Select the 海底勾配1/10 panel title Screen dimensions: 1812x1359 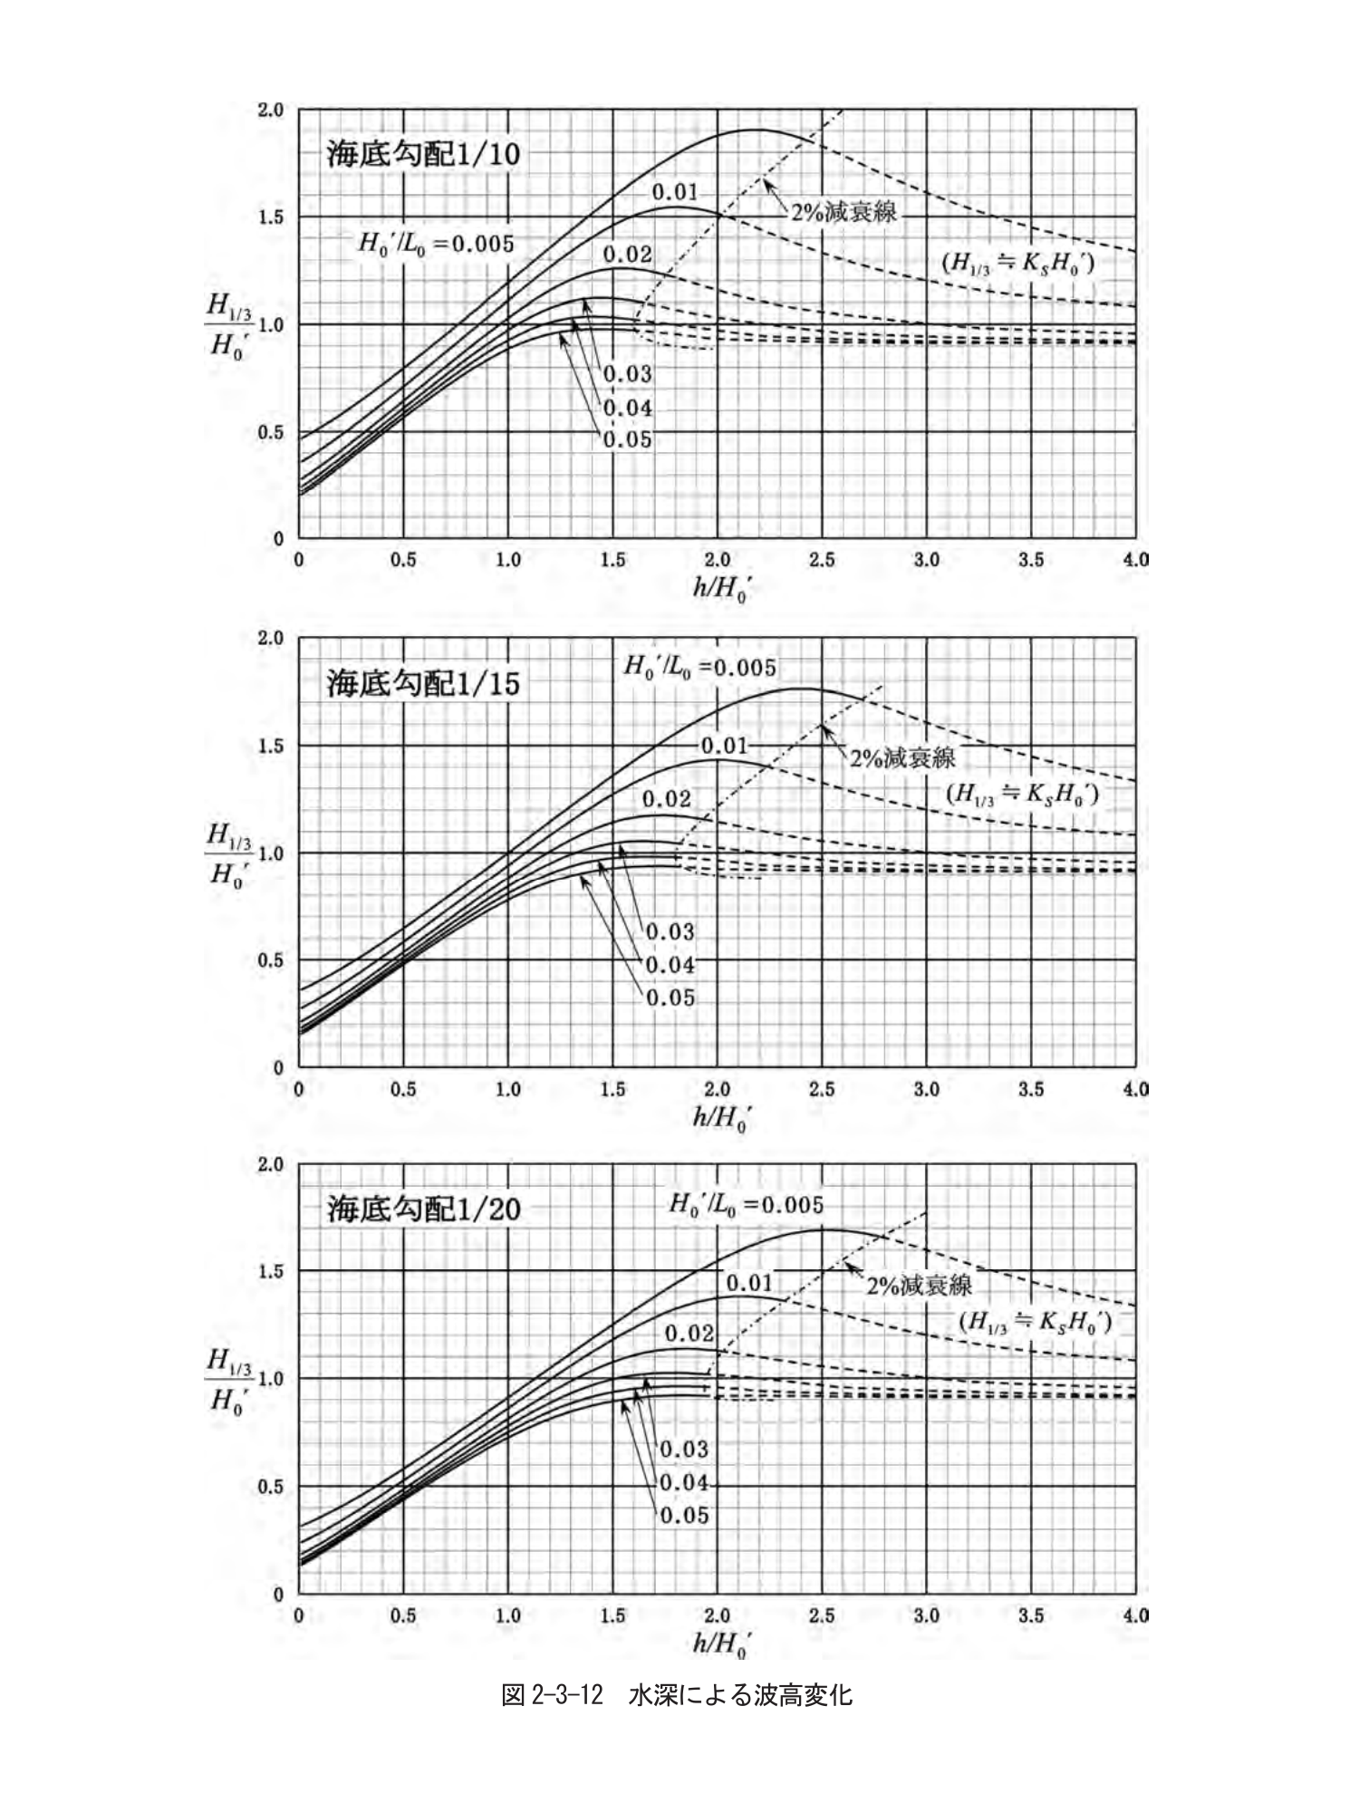tap(423, 154)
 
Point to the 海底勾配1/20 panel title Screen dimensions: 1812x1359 tap(423, 1209)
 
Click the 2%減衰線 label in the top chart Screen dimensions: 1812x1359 tap(843, 212)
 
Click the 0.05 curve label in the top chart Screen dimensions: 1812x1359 tap(628, 440)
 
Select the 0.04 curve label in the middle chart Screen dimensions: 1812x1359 tap(670, 965)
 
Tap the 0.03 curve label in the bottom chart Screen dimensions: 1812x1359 tap(684, 1449)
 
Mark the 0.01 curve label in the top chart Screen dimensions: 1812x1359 tap(675, 192)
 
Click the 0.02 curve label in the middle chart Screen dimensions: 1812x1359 tap(666, 799)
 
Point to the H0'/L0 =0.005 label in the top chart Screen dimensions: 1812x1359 tap(436, 244)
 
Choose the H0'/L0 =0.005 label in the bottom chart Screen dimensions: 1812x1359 tap(746, 1205)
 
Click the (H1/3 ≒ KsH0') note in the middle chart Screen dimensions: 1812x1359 tap(1023, 795)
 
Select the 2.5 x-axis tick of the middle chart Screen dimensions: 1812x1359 tap(822, 1089)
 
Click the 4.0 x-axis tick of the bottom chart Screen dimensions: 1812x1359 tap(1135, 1615)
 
